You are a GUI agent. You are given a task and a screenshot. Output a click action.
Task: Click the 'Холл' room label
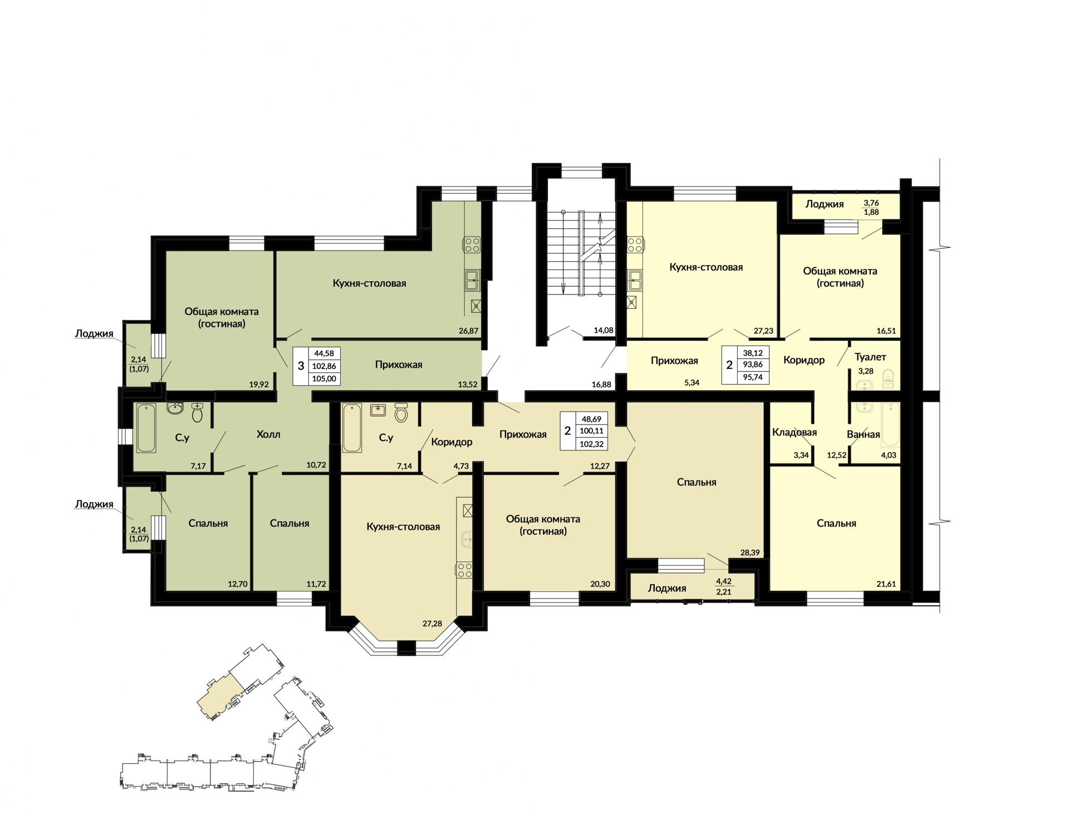268,434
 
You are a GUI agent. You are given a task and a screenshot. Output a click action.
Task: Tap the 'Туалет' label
870,357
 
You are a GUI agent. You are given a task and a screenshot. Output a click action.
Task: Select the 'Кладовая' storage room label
795,433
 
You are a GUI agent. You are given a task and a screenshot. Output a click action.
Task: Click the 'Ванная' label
863,434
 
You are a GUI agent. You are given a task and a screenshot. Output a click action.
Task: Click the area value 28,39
750,552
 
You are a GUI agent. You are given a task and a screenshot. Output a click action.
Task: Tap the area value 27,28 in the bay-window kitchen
432,624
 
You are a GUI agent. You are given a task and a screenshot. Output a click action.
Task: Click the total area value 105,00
324,379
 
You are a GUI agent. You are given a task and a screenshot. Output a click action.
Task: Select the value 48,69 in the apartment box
591,419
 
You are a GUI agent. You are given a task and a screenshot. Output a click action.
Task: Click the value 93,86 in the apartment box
753,365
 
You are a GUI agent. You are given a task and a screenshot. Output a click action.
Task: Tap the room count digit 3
301,366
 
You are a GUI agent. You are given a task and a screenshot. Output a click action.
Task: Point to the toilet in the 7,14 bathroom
401,413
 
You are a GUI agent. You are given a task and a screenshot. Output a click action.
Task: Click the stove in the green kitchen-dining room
472,244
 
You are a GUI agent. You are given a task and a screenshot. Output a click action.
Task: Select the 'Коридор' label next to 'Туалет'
804,360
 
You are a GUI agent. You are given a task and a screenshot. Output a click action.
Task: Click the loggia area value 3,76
871,203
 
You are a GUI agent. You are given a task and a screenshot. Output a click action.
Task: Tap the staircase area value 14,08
604,330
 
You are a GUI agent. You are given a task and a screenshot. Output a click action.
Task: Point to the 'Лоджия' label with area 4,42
667,589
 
